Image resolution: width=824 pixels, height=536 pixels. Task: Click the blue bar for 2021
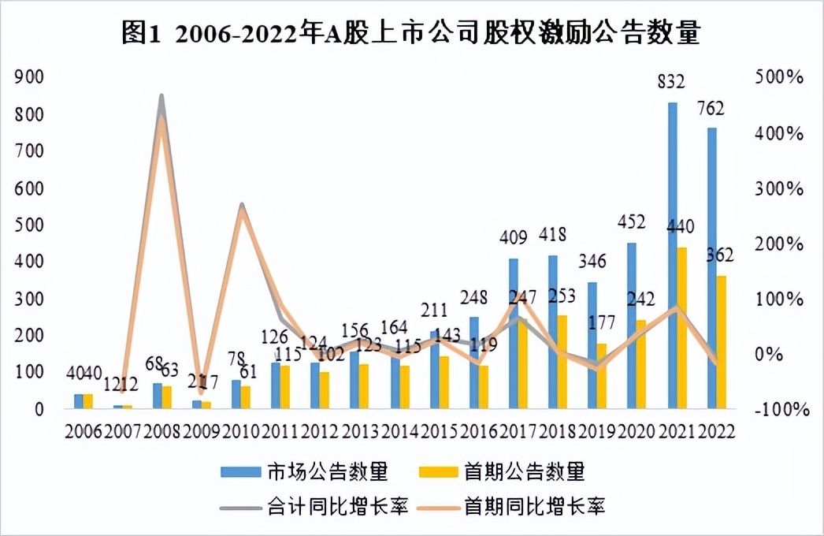click(x=673, y=255)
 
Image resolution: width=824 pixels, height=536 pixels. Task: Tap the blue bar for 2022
click(x=712, y=268)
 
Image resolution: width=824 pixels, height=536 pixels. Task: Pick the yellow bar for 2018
click(x=563, y=362)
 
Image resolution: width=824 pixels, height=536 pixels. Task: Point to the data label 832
click(x=673, y=81)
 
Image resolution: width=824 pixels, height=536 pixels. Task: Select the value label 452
click(x=631, y=222)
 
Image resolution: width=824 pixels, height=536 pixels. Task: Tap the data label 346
click(x=592, y=261)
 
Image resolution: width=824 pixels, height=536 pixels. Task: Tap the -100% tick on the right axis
click(x=779, y=409)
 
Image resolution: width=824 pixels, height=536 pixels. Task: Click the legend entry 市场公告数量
click(x=304, y=472)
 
